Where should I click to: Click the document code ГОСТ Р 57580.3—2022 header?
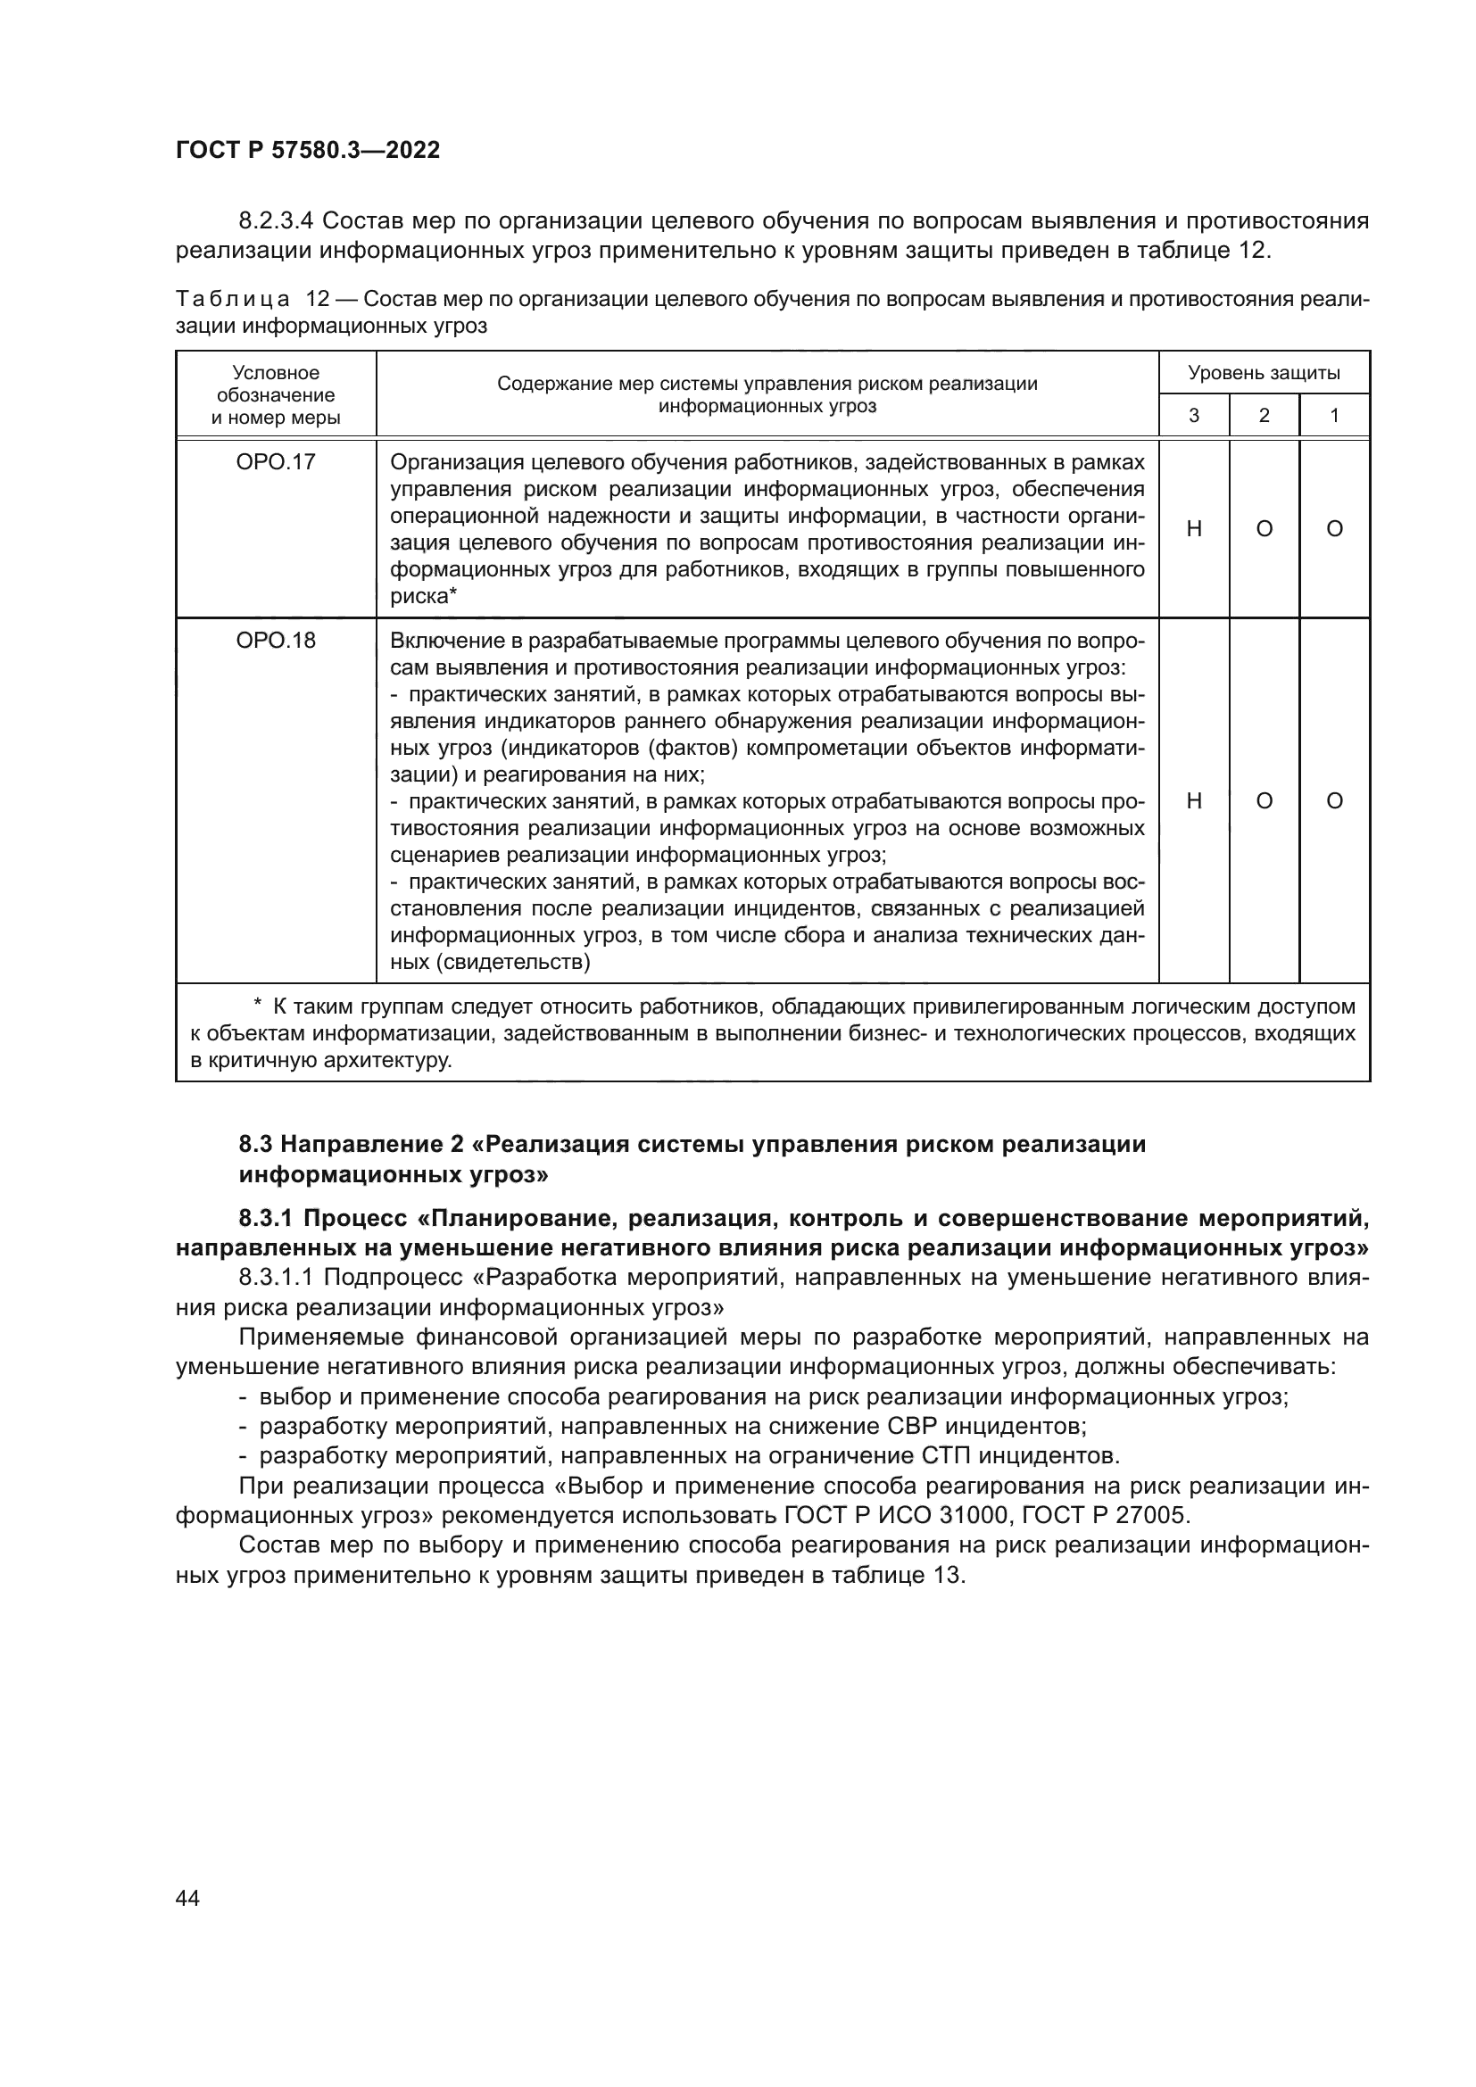click(307, 151)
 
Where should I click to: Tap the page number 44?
click(187, 1898)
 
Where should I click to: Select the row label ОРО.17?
click(276, 462)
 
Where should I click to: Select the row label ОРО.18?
click(276, 640)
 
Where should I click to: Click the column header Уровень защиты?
click(1264, 373)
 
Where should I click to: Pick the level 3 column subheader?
click(1194, 417)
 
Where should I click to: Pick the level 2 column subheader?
click(1265, 417)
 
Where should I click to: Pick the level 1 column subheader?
click(1334, 417)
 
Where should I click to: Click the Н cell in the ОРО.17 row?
click(1194, 529)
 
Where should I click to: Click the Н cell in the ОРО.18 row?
click(1194, 800)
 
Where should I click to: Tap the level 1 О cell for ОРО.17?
click(1334, 529)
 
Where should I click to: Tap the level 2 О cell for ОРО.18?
click(1265, 800)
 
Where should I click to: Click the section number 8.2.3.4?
click(277, 221)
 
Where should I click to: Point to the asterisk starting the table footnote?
click(257, 1005)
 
